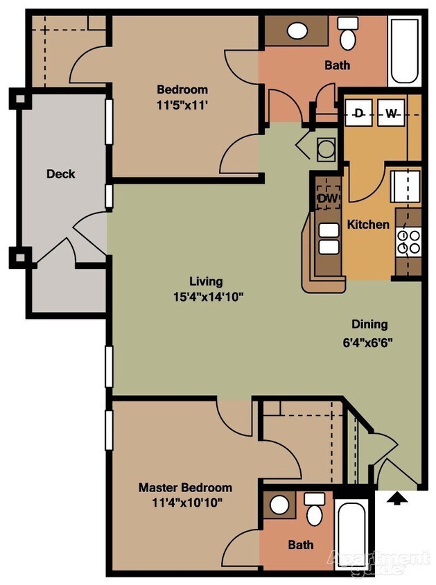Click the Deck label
click(x=60, y=174)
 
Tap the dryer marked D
click(x=358, y=114)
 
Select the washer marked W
click(x=391, y=114)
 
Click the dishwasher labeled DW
click(x=327, y=198)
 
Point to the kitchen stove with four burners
click(x=408, y=241)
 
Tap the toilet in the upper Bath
click(x=347, y=30)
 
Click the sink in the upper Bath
click(x=297, y=31)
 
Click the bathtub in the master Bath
click(x=353, y=534)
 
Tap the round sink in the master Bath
click(x=279, y=505)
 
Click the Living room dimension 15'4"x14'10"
click(x=206, y=296)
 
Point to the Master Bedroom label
click(x=185, y=487)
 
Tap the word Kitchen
click(x=367, y=225)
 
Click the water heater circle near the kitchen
click(x=324, y=148)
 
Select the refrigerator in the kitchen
click(x=406, y=184)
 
